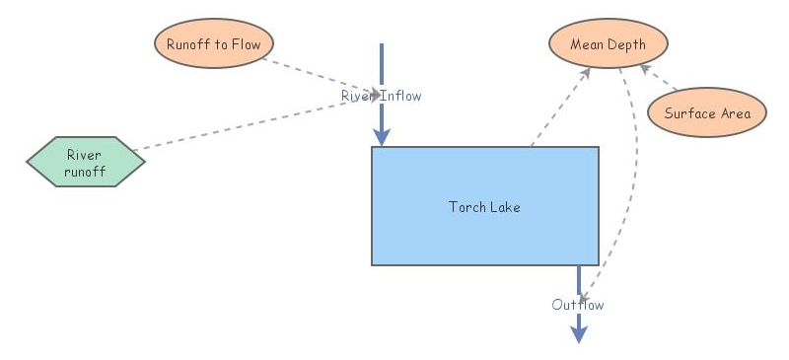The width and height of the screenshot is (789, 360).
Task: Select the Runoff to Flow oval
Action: [x=213, y=44]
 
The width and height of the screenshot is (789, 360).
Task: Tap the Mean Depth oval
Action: [x=609, y=44]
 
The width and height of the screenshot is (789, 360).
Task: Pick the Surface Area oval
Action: [x=706, y=112]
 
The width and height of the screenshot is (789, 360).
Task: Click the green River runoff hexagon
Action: [x=85, y=162]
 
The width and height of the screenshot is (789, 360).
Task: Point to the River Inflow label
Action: [x=382, y=96]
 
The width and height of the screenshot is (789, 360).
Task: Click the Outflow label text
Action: [x=578, y=305]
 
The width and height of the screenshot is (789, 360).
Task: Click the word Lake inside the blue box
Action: [x=504, y=207]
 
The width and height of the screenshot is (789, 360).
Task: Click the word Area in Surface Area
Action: [x=735, y=112]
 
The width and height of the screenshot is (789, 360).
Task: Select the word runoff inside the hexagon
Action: [x=85, y=170]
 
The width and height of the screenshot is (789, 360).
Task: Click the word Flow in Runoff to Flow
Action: [x=245, y=44]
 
